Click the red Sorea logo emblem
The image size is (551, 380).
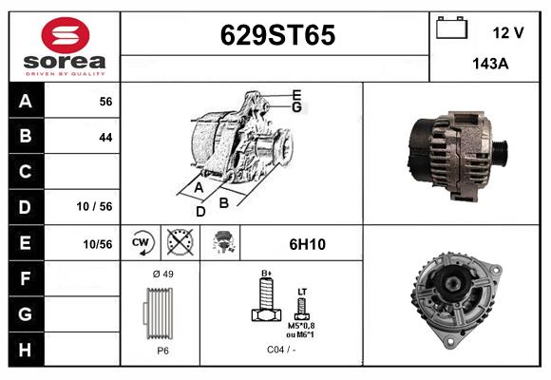[66, 35]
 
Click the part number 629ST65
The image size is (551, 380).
[277, 35]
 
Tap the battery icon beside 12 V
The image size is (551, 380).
[451, 28]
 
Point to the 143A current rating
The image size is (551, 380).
[490, 64]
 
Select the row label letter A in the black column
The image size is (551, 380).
[26, 102]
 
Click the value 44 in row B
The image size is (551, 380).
[105, 137]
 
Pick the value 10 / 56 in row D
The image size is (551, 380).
[94, 206]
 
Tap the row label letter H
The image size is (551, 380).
[25, 350]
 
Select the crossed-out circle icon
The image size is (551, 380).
[180, 242]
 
